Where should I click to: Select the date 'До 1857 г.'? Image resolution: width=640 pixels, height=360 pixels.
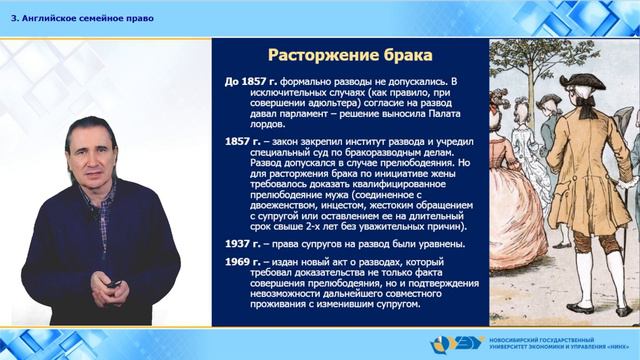[248, 79]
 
